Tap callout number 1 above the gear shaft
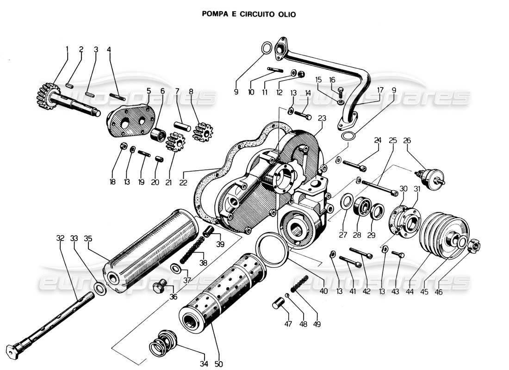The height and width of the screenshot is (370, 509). [x=67, y=49]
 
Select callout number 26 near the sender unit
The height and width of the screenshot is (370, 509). [x=407, y=140]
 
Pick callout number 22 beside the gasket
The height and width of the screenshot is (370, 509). [x=183, y=182]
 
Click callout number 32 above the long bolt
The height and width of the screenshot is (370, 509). [x=60, y=239]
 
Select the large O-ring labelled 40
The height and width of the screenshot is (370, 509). [x=273, y=250]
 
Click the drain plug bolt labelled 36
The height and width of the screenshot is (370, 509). [x=160, y=288]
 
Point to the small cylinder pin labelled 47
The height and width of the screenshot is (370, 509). [x=279, y=306]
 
